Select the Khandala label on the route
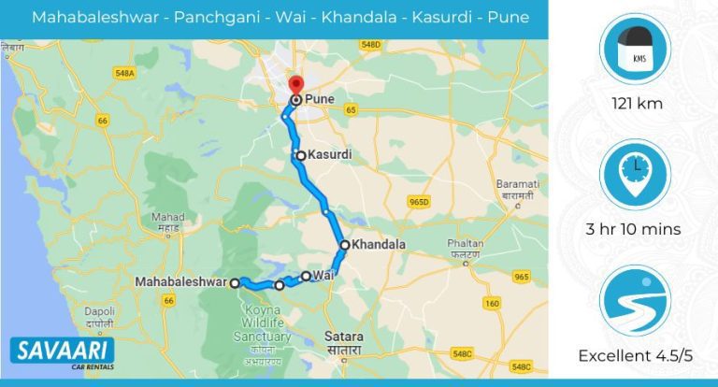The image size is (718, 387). [x=379, y=245]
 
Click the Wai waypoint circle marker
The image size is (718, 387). [x=306, y=276]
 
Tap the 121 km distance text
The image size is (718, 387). [x=635, y=103]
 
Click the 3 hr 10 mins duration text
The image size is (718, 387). [x=635, y=228]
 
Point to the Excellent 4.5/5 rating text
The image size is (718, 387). [x=635, y=356]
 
